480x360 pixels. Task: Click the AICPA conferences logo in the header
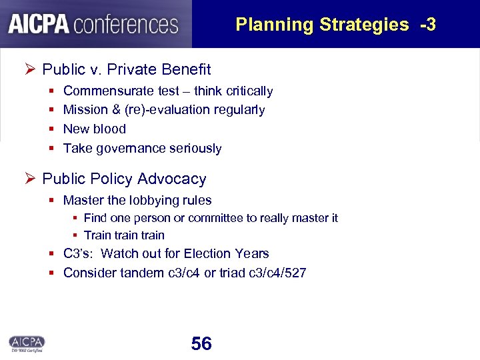[x=94, y=24]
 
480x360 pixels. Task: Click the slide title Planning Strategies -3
[x=335, y=25]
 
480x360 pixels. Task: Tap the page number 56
[x=201, y=344]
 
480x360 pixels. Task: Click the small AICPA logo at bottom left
[x=27, y=343]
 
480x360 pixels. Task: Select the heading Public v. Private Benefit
[x=126, y=69]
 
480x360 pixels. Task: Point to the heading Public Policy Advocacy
[x=124, y=179]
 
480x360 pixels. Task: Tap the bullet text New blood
[x=94, y=129]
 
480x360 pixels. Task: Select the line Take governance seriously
[x=142, y=148]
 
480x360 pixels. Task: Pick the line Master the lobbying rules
[x=137, y=200]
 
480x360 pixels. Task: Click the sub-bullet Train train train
[x=124, y=235]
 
